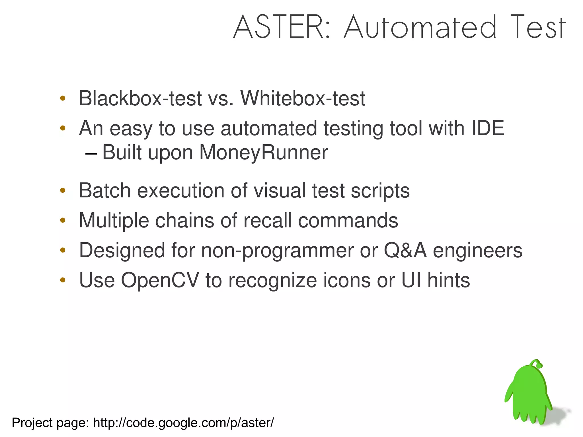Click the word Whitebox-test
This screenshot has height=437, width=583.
pos(303,99)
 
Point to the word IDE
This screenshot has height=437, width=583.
pos(488,128)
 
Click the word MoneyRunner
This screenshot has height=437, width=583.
pos(263,153)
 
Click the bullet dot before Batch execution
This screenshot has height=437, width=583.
pos(63,190)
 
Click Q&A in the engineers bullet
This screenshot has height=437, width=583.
pos(405,250)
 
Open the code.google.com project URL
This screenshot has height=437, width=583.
pos(183,423)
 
